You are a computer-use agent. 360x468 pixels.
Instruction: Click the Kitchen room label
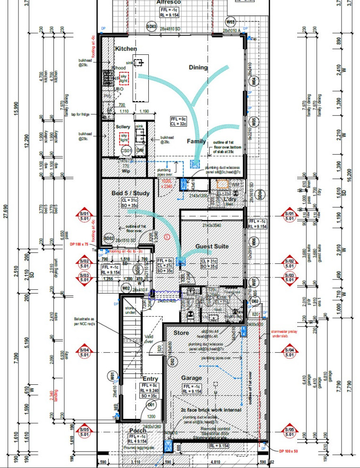(126, 49)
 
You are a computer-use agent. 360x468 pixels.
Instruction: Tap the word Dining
(198, 68)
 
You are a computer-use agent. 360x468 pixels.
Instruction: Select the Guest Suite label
(212, 246)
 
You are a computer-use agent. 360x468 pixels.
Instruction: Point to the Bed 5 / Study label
(130, 193)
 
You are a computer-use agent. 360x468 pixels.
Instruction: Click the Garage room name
(191, 378)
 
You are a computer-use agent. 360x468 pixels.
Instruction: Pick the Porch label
(137, 431)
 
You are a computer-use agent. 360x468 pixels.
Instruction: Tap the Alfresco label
(169, 2)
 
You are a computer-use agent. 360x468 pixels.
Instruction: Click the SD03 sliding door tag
(151, 26)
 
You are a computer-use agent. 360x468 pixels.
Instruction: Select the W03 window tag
(231, 22)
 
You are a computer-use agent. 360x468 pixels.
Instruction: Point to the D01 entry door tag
(151, 405)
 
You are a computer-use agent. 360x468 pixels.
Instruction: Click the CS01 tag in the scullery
(126, 150)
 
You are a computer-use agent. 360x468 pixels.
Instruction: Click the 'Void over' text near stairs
(149, 338)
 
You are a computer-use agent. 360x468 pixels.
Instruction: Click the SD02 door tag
(109, 238)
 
